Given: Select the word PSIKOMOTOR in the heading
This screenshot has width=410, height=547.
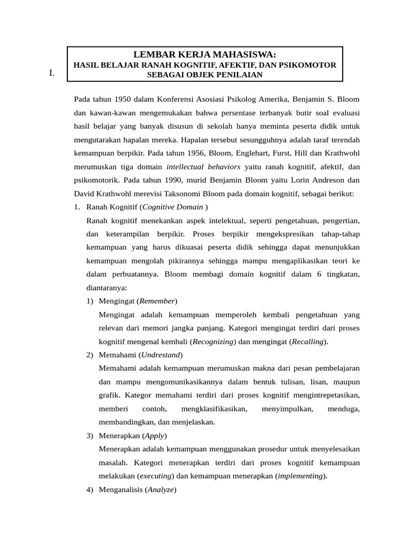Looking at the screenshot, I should (310, 65).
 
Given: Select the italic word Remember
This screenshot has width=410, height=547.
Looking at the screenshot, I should (157, 301).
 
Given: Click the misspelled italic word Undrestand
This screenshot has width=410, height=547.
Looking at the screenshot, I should (160, 355).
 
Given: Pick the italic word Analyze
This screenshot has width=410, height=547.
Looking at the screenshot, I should (161, 489).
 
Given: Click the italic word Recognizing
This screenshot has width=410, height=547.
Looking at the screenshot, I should (213, 341).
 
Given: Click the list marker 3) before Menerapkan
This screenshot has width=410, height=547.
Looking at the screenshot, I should (90, 435).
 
